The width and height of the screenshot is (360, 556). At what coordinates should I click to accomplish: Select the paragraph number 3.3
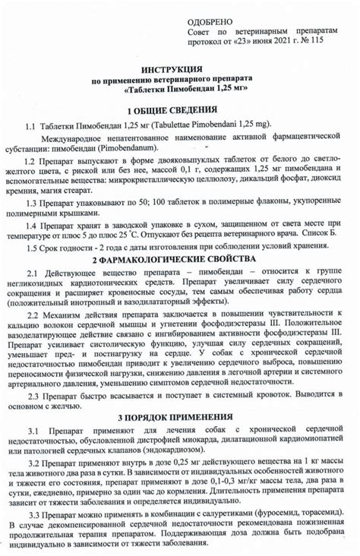pos(36,515)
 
